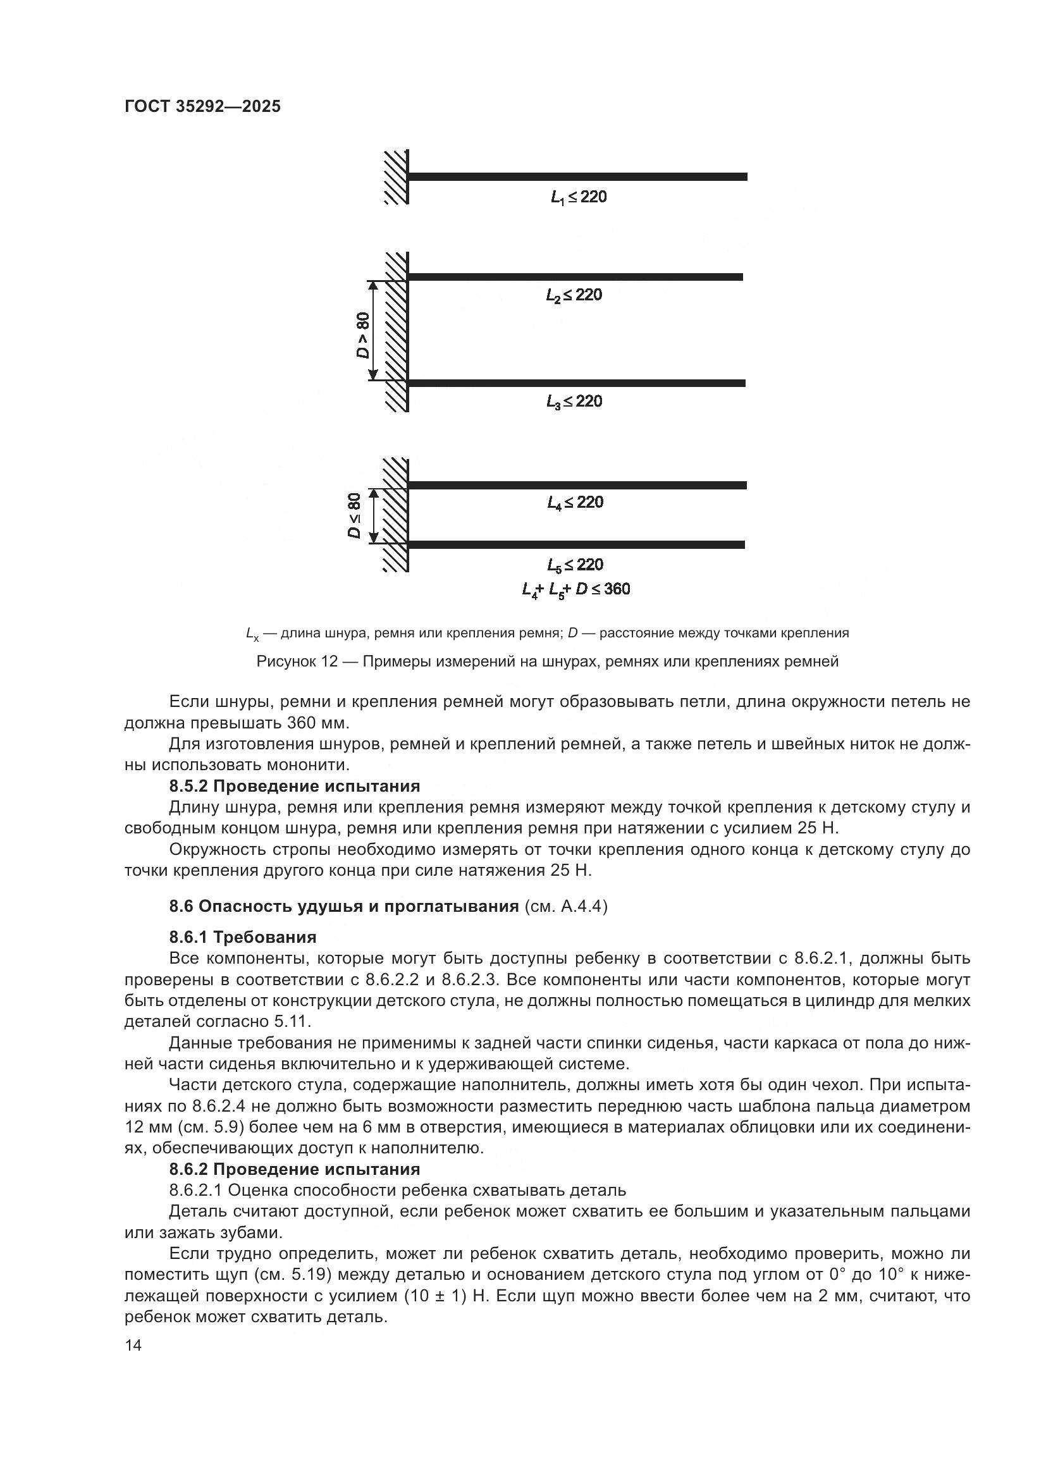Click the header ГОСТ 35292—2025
[202, 106]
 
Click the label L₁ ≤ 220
[579, 197]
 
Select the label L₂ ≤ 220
[574, 295]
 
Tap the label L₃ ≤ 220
[574, 402]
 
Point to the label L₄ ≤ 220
[575, 502]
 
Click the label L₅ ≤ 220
[575, 565]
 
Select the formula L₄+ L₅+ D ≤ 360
[576, 589]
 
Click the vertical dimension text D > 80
[364, 335]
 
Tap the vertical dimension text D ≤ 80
[355, 515]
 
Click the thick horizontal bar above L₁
[577, 176]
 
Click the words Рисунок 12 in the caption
[297, 661]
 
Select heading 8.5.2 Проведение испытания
[294, 786]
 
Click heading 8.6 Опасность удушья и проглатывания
[344, 906]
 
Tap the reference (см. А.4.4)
[565, 906]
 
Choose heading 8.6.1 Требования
[243, 936]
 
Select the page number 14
[133, 1346]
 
